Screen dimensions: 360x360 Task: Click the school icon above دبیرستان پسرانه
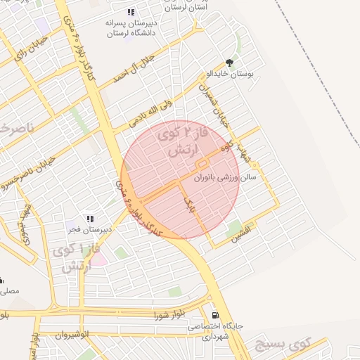coord(130,12)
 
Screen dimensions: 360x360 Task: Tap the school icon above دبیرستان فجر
coord(89,219)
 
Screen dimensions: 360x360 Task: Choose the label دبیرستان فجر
coord(84,229)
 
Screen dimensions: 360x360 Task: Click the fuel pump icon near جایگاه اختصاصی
coord(214,315)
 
